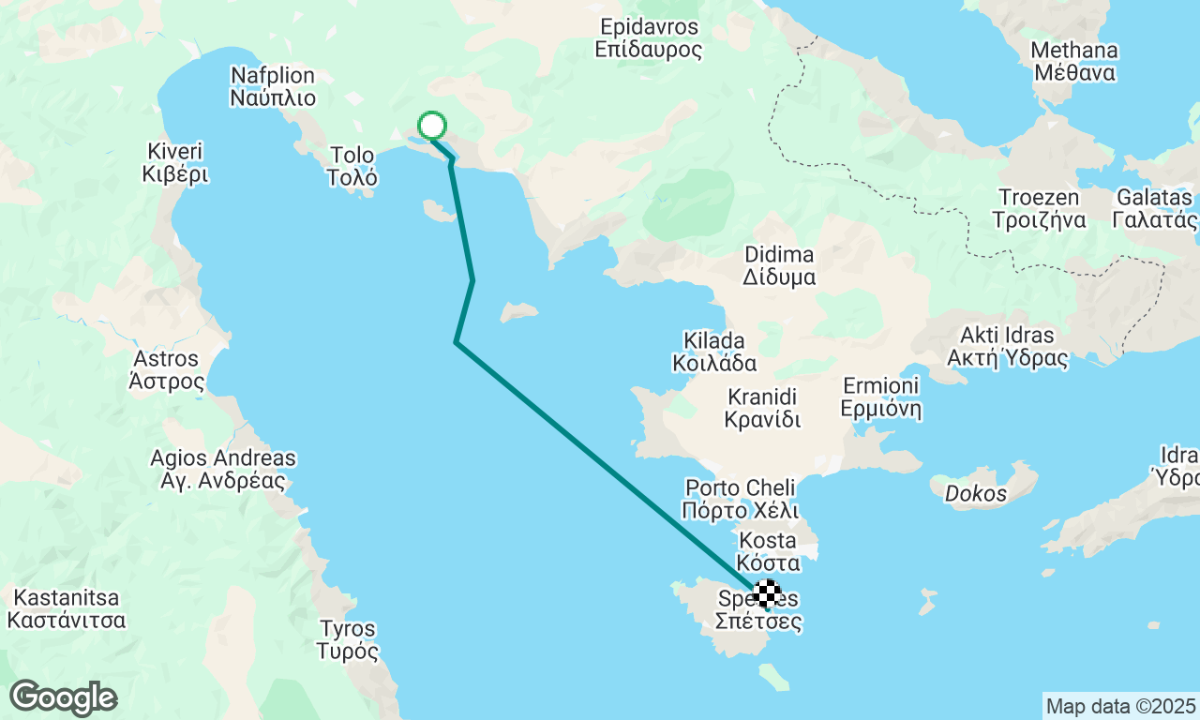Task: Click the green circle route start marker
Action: (x=431, y=126)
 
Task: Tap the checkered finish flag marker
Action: (x=767, y=592)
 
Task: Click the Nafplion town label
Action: (x=273, y=86)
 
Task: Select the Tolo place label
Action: (x=352, y=166)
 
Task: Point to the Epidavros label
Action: (x=648, y=37)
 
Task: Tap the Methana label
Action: (x=1073, y=61)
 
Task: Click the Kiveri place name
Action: (x=175, y=162)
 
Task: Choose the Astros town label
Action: (x=167, y=370)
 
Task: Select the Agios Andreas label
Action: (x=223, y=470)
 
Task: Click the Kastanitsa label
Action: (x=66, y=608)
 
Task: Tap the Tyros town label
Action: (x=347, y=639)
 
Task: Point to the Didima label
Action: (x=779, y=265)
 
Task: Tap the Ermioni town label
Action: (x=881, y=397)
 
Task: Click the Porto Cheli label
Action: (x=741, y=499)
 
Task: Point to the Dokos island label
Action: (x=975, y=494)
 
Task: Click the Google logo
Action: (x=63, y=698)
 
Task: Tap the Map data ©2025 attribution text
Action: (x=1120, y=706)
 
